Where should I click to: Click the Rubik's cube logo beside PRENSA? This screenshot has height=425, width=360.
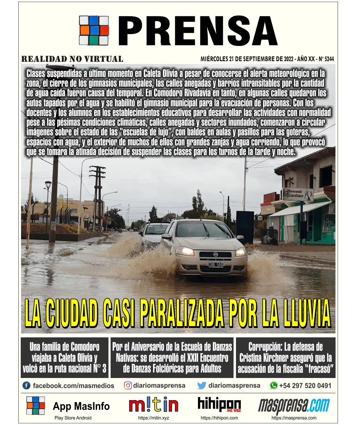[94, 30]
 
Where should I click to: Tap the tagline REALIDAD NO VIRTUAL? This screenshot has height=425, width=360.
[72, 59]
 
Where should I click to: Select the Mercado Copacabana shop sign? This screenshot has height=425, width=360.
[297, 194]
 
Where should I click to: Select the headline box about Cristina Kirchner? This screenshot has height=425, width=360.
[285, 358]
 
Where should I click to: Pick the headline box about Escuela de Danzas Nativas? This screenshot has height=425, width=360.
[172, 358]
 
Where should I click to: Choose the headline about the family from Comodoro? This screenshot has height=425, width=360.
[65, 358]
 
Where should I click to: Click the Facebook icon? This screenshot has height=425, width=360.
[26, 386]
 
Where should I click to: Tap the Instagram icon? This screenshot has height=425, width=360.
[128, 386]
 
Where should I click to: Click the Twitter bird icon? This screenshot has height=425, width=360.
[202, 386]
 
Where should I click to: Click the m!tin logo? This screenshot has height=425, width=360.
[154, 405]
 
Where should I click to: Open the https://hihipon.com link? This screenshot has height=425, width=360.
[219, 418]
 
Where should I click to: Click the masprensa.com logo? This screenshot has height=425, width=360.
[294, 406]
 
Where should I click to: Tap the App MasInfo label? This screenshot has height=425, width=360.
[81, 406]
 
